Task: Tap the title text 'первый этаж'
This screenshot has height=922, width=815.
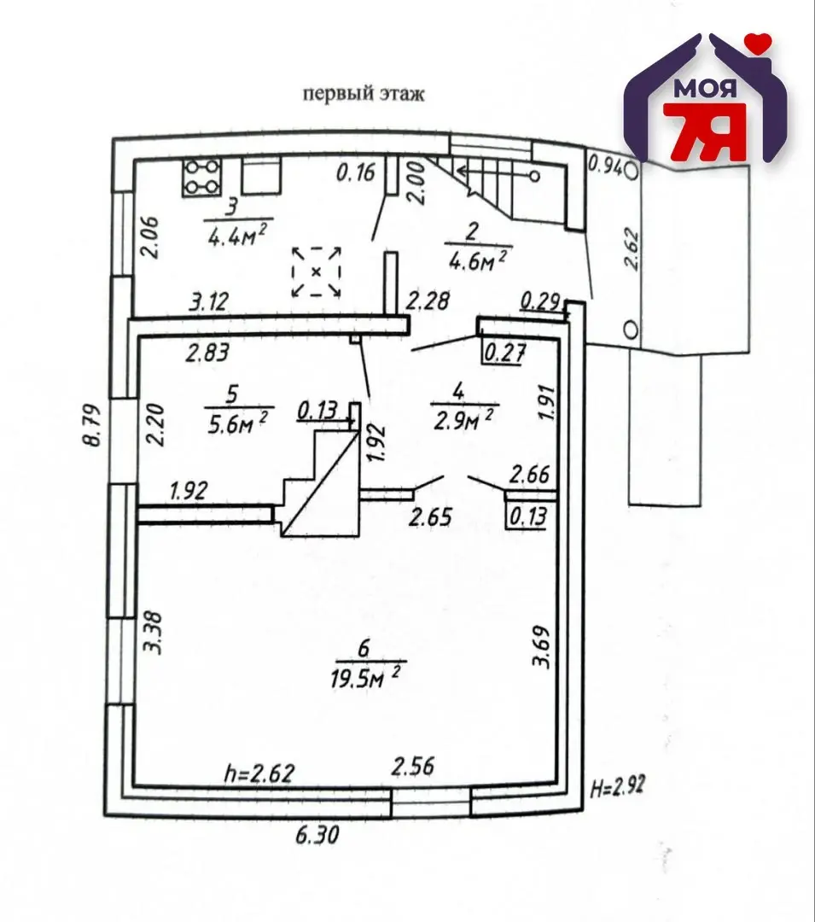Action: click(x=364, y=94)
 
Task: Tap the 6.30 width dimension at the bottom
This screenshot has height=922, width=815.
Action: click(x=317, y=835)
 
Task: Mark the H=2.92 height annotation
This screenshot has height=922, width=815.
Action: click(x=616, y=786)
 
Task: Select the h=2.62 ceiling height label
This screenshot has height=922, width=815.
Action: click(x=259, y=773)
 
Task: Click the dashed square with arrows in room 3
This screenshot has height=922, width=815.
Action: click(x=317, y=271)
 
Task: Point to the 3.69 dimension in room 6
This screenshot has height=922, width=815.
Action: click(x=540, y=646)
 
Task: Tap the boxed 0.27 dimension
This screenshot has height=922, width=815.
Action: click(x=503, y=354)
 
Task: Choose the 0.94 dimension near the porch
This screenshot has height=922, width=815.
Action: click(x=605, y=166)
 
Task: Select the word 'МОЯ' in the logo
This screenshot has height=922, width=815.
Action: click(x=705, y=88)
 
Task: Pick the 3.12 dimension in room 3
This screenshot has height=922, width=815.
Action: click(x=209, y=302)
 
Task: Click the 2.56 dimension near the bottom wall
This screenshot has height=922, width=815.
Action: click(x=414, y=766)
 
